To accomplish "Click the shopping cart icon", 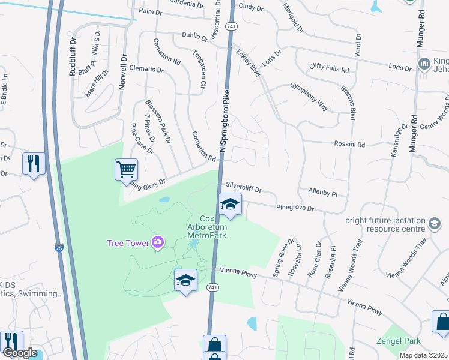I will (126, 170).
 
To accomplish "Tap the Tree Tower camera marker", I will (158, 242).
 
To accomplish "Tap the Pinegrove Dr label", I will (295, 208).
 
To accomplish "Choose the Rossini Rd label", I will (349, 145).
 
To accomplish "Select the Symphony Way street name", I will (310, 97).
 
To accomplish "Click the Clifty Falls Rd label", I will (329, 68).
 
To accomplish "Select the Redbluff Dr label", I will (73, 57).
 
